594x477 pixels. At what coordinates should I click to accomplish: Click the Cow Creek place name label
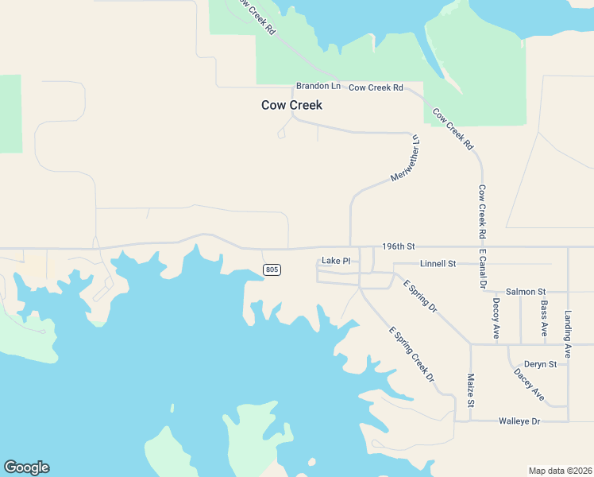(291, 105)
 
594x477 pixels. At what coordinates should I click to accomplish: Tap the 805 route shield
(272, 270)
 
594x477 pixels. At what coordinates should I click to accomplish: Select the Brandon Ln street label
(318, 86)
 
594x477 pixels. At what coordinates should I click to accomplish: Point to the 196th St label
(399, 248)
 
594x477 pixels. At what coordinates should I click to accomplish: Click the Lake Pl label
(336, 261)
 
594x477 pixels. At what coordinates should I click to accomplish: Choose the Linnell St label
(438, 263)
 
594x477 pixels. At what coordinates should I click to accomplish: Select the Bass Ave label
(544, 318)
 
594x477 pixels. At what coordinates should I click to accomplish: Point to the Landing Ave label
(568, 333)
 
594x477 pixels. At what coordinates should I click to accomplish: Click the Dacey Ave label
(529, 383)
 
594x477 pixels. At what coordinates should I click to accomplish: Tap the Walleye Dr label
(519, 421)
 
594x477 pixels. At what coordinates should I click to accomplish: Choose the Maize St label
(470, 390)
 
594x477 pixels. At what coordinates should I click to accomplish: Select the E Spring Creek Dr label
(411, 354)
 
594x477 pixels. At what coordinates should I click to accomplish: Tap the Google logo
(26, 467)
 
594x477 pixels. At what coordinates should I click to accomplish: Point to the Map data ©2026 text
(560, 471)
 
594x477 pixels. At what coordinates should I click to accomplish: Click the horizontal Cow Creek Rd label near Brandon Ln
(376, 87)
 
